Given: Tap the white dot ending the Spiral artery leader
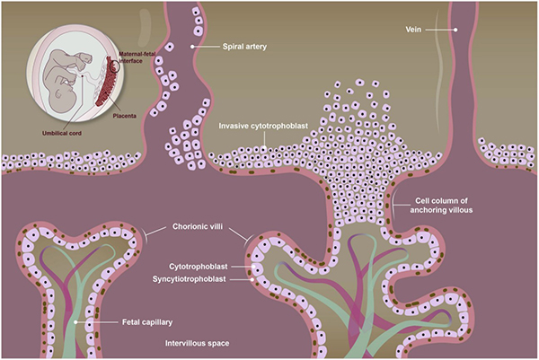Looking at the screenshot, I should (192, 46).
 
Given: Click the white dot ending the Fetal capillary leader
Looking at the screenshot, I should (79, 320).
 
